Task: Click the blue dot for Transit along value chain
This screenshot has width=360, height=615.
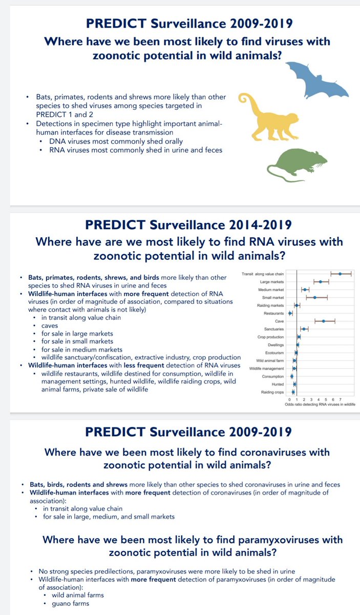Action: [x=340, y=274]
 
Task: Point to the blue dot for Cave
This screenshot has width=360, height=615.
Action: [x=324, y=321]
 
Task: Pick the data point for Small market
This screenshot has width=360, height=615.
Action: [x=314, y=298]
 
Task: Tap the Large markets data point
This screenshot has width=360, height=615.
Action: [x=321, y=282]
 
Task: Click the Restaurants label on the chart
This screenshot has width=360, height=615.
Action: [x=274, y=313]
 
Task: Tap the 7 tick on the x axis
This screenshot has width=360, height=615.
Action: [x=340, y=399]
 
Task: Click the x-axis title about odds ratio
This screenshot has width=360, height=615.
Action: [x=320, y=404]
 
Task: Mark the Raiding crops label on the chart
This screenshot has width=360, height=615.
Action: [x=272, y=392]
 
